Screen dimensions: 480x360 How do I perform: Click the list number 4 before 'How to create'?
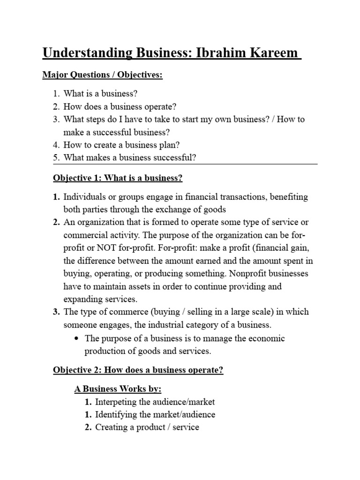tap(56, 145)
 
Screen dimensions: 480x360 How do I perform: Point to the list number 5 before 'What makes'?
tap(56, 157)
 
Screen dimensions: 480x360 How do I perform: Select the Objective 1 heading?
tap(118, 178)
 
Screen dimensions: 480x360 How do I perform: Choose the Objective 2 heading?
tap(138, 370)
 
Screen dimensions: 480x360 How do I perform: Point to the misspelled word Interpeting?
tap(116, 402)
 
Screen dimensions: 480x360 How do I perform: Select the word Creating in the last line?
tap(112, 427)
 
